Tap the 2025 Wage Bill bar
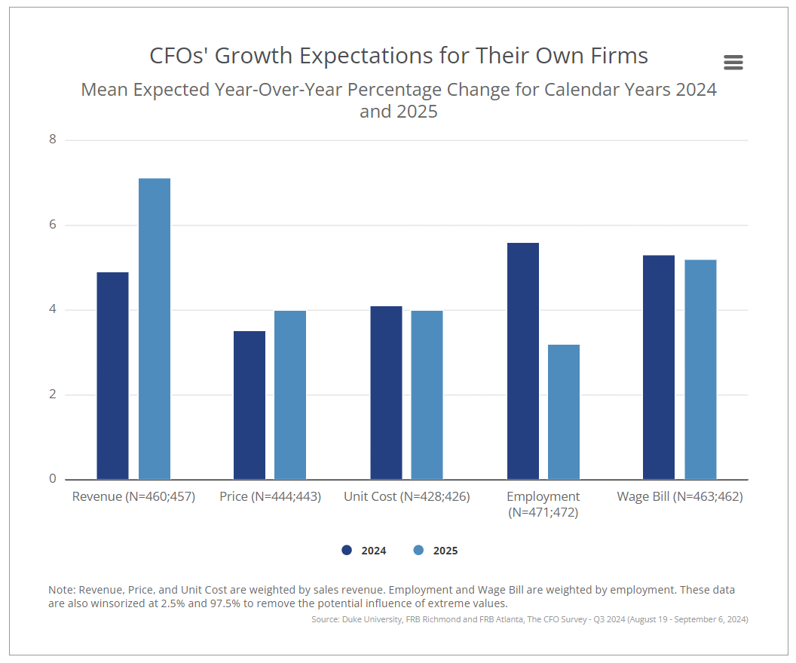[700, 370]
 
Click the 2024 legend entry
[364, 551]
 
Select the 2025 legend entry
[436, 551]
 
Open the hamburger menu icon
[733, 63]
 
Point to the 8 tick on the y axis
[53, 140]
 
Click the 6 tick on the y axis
[53, 225]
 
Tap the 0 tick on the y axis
[53, 479]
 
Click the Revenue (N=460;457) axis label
[133, 496]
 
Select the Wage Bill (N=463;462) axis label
[680, 496]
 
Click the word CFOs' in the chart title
[179, 56]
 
